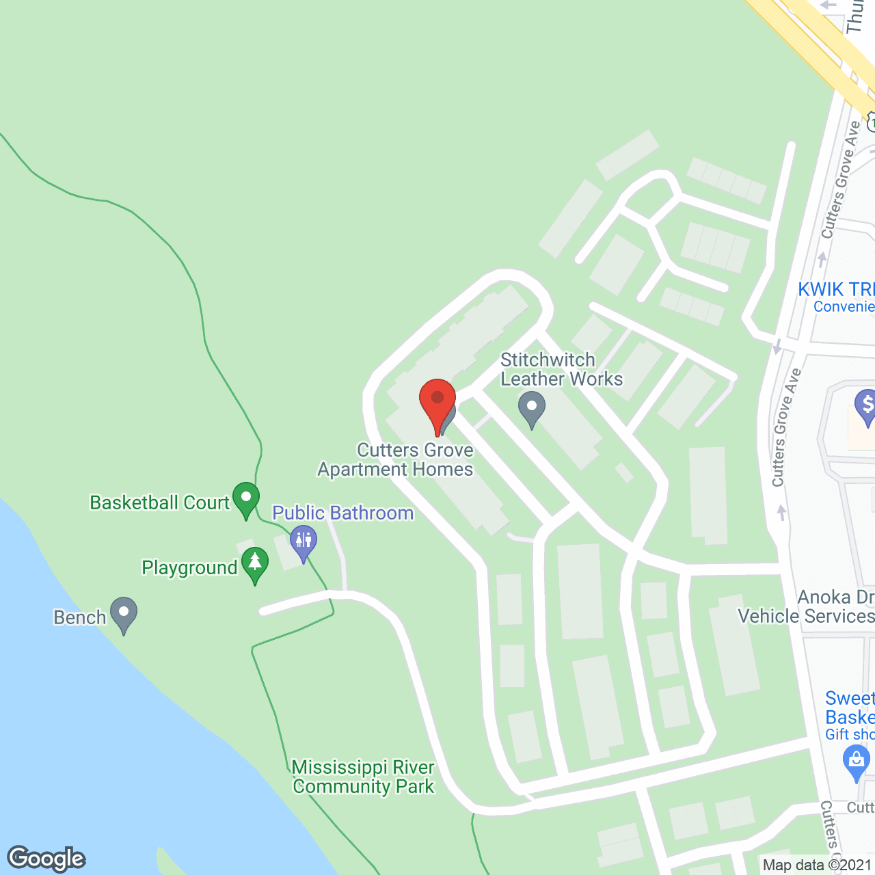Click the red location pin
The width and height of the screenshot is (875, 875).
click(x=437, y=404)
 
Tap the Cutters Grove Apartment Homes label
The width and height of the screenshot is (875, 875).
click(x=396, y=459)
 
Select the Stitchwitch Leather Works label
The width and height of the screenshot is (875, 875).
click(x=561, y=369)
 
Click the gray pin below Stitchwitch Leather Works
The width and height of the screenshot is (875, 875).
click(x=532, y=408)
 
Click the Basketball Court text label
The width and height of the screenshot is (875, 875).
click(x=159, y=502)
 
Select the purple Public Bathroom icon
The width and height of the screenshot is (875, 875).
click(x=303, y=542)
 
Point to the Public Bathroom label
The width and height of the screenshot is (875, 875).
click(x=342, y=513)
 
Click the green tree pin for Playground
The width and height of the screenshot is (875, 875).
click(x=255, y=564)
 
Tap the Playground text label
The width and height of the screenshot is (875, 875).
click(x=189, y=568)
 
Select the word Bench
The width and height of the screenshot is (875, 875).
click(x=80, y=617)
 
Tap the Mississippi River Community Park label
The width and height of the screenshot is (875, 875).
click(x=363, y=777)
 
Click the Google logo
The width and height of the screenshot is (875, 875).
click(x=46, y=859)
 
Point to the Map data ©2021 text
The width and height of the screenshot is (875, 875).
click(x=818, y=865)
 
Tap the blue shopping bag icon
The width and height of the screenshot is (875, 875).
click(x=857, y=760)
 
